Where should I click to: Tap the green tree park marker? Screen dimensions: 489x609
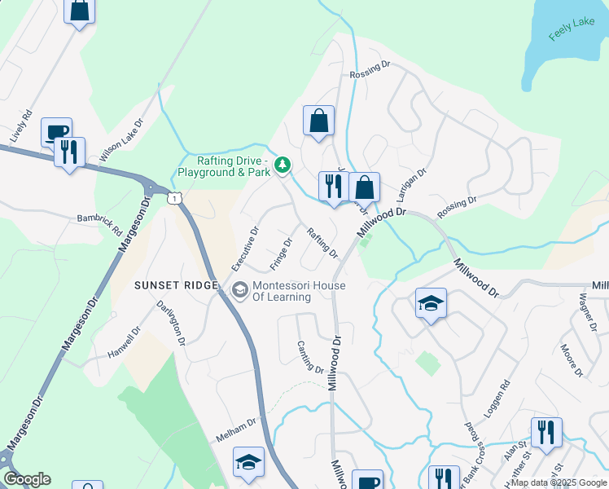click(x=283, y=166)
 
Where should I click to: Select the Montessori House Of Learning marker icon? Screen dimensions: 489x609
click(x=240, y=289)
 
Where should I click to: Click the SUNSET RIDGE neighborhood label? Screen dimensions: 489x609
click(x=177, y=285)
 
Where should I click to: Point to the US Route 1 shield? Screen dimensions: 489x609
click(x=173, y=198)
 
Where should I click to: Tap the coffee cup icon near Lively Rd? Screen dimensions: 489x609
click(x=57, y=131)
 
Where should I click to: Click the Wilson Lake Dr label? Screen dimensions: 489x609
click(x=121, y=142)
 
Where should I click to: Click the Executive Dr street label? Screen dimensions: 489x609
click(x=244, y=249)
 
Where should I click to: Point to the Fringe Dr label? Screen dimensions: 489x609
click(x=281, y=254)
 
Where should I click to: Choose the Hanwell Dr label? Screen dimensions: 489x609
click(x=125, y=342)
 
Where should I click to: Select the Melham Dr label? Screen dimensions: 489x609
click(x=236, y=429)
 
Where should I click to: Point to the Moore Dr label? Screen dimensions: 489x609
click(x=572, y=360)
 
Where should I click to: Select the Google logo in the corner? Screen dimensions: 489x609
click(x=27, y=479)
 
